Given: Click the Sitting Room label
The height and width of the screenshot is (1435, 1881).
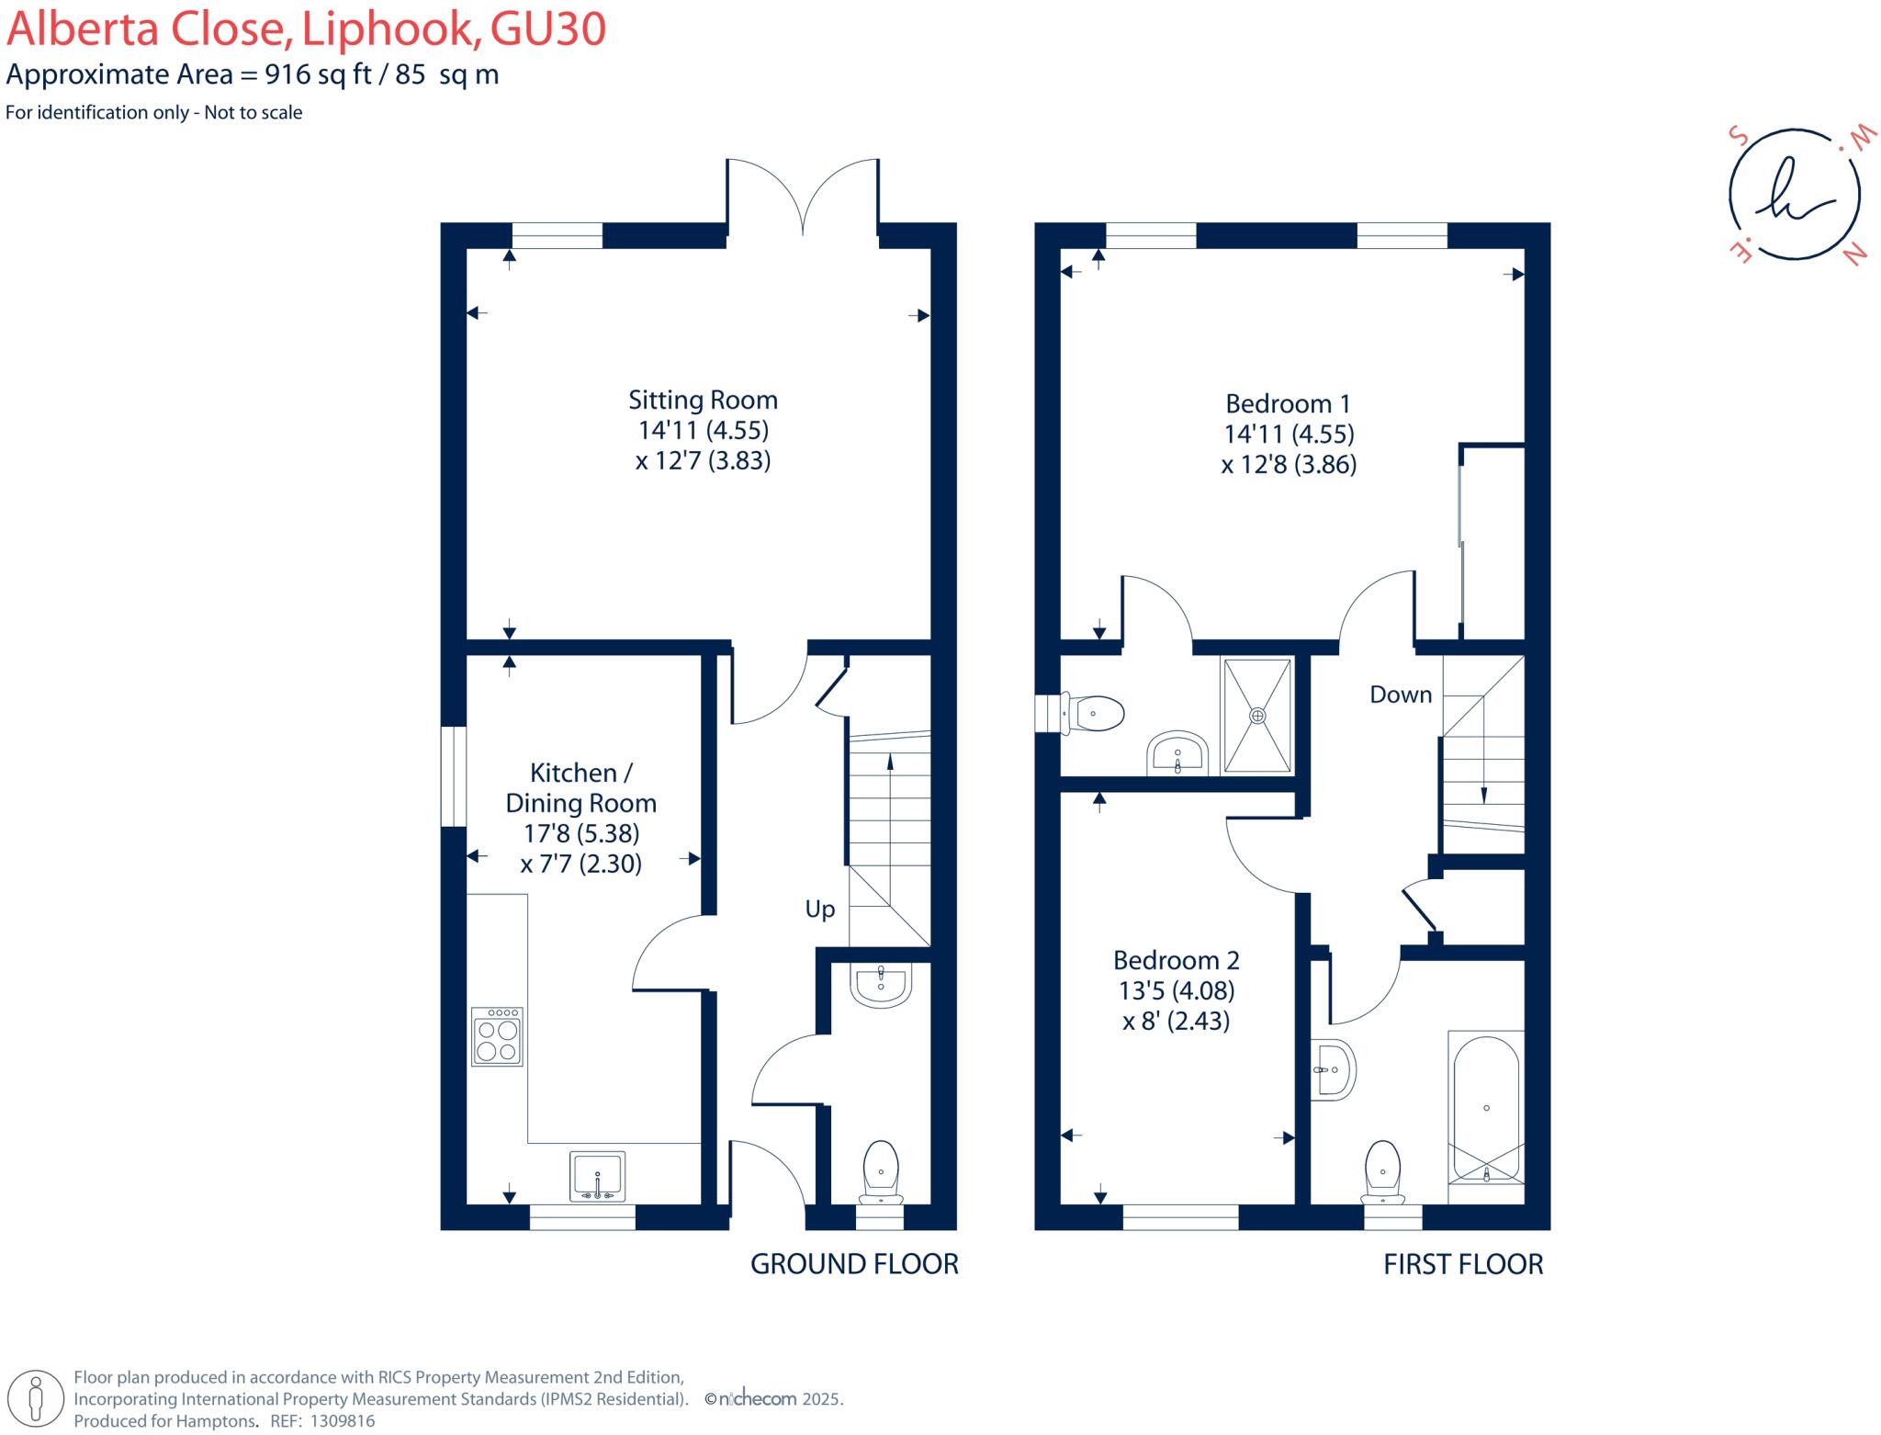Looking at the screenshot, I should point(703,400).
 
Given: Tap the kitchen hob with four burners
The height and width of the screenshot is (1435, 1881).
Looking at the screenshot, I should point(497,1036).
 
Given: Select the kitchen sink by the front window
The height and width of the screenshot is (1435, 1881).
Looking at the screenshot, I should point(597,1175).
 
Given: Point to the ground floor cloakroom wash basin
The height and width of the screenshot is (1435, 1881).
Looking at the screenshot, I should point(882,985).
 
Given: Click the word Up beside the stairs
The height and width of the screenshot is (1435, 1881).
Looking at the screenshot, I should point(819,910).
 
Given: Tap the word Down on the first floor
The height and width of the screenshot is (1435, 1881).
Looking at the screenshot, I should point(1400,695).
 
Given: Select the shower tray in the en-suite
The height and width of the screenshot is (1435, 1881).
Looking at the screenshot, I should point(1257,716).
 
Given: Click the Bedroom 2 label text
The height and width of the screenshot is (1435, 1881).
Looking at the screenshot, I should point(1176,961).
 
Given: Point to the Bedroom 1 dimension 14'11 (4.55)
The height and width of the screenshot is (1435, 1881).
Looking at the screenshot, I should point(1289,434).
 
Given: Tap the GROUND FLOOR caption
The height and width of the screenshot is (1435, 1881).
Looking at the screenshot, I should point(854,1264).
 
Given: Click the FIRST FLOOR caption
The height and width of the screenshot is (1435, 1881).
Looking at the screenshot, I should point(1462,1264).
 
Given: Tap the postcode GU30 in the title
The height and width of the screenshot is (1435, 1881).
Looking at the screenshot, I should point(547,29).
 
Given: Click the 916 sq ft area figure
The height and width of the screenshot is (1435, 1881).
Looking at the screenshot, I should point(318,74).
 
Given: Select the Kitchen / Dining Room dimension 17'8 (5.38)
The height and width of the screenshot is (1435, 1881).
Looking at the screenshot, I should point(580,833).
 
